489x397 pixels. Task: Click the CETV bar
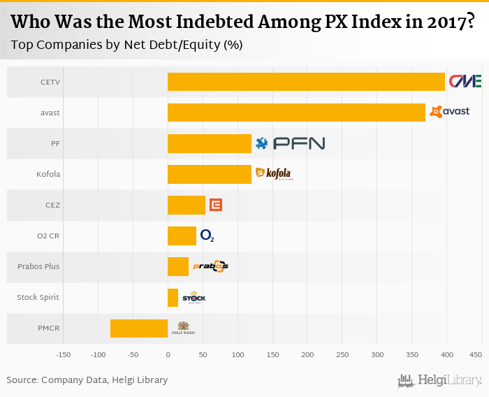(x=306, y=82)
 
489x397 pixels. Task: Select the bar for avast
(x=296, y=113)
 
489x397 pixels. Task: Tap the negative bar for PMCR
(x=139, y=329)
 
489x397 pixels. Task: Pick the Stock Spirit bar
(x=173, y=298)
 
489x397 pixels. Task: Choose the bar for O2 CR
(x=182, y=236)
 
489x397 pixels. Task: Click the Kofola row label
(x=48, y=174)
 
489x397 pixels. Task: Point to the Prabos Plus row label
(x=38, y=266)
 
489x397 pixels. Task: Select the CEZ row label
(x=52, y=205)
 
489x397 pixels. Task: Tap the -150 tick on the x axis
(x=64, y=355)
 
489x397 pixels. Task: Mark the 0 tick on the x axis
(x=168, y=355)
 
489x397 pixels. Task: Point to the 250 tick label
(x=342, y=355)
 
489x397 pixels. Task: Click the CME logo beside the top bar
(x=465, y=81)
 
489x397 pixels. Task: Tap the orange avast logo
(x=449, y=111)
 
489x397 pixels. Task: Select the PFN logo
(x=291, y=143)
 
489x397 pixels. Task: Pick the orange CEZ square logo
(x=216, y=205)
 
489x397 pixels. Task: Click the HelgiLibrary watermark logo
(x=439, y=381)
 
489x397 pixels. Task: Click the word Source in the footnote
(x=22, y=380)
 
